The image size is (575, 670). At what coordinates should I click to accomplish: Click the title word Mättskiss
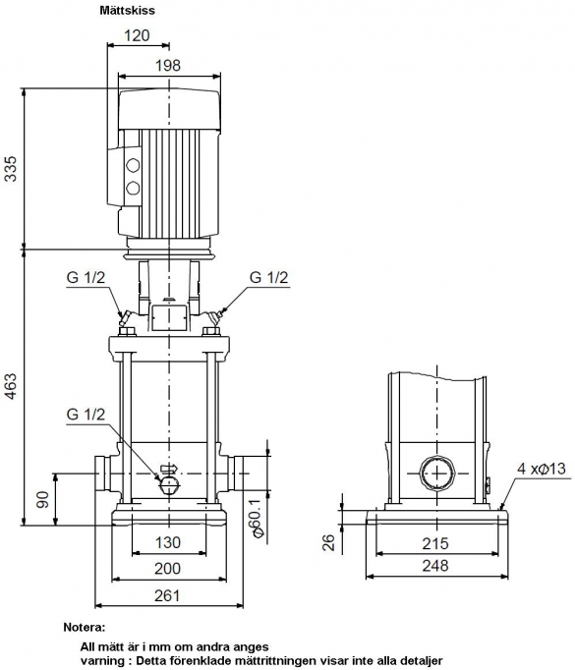[x=128, y=10]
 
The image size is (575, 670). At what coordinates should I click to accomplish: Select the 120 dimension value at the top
[x=138, y=35]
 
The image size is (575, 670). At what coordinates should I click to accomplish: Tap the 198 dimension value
[x=168, y=66]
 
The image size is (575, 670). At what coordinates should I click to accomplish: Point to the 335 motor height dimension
[x=11, y=169]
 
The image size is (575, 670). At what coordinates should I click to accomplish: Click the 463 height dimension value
[x=11, y=387]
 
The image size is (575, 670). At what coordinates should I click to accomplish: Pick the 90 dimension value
[x=42, y=499]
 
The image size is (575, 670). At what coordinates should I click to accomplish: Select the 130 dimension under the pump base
[x=167, y=542]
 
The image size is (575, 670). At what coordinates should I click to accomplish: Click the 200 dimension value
[x=167, y=568]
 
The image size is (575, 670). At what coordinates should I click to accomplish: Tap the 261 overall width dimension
[x=167, y=594]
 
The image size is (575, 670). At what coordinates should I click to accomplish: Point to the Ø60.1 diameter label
[x=258, y=518]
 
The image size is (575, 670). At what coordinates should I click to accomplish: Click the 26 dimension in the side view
[x=328, y=542]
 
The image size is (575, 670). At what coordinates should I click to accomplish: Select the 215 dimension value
[x=435, y=543]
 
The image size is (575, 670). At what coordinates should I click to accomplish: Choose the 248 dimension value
[x=435, y=566]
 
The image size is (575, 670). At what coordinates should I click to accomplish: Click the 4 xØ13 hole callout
[x=542, y=469]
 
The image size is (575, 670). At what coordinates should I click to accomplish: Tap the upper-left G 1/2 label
[x=86, y=277]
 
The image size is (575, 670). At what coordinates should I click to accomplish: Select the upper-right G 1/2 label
[x=269, y=277]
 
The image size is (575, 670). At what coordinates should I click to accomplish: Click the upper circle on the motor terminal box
[x=133, y=165]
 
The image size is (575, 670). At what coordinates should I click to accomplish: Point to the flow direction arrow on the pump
[x=168, y=469]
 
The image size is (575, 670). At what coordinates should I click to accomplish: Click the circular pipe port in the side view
[x=437, y=474]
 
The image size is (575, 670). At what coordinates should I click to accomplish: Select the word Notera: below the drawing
[x=84, y=628]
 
